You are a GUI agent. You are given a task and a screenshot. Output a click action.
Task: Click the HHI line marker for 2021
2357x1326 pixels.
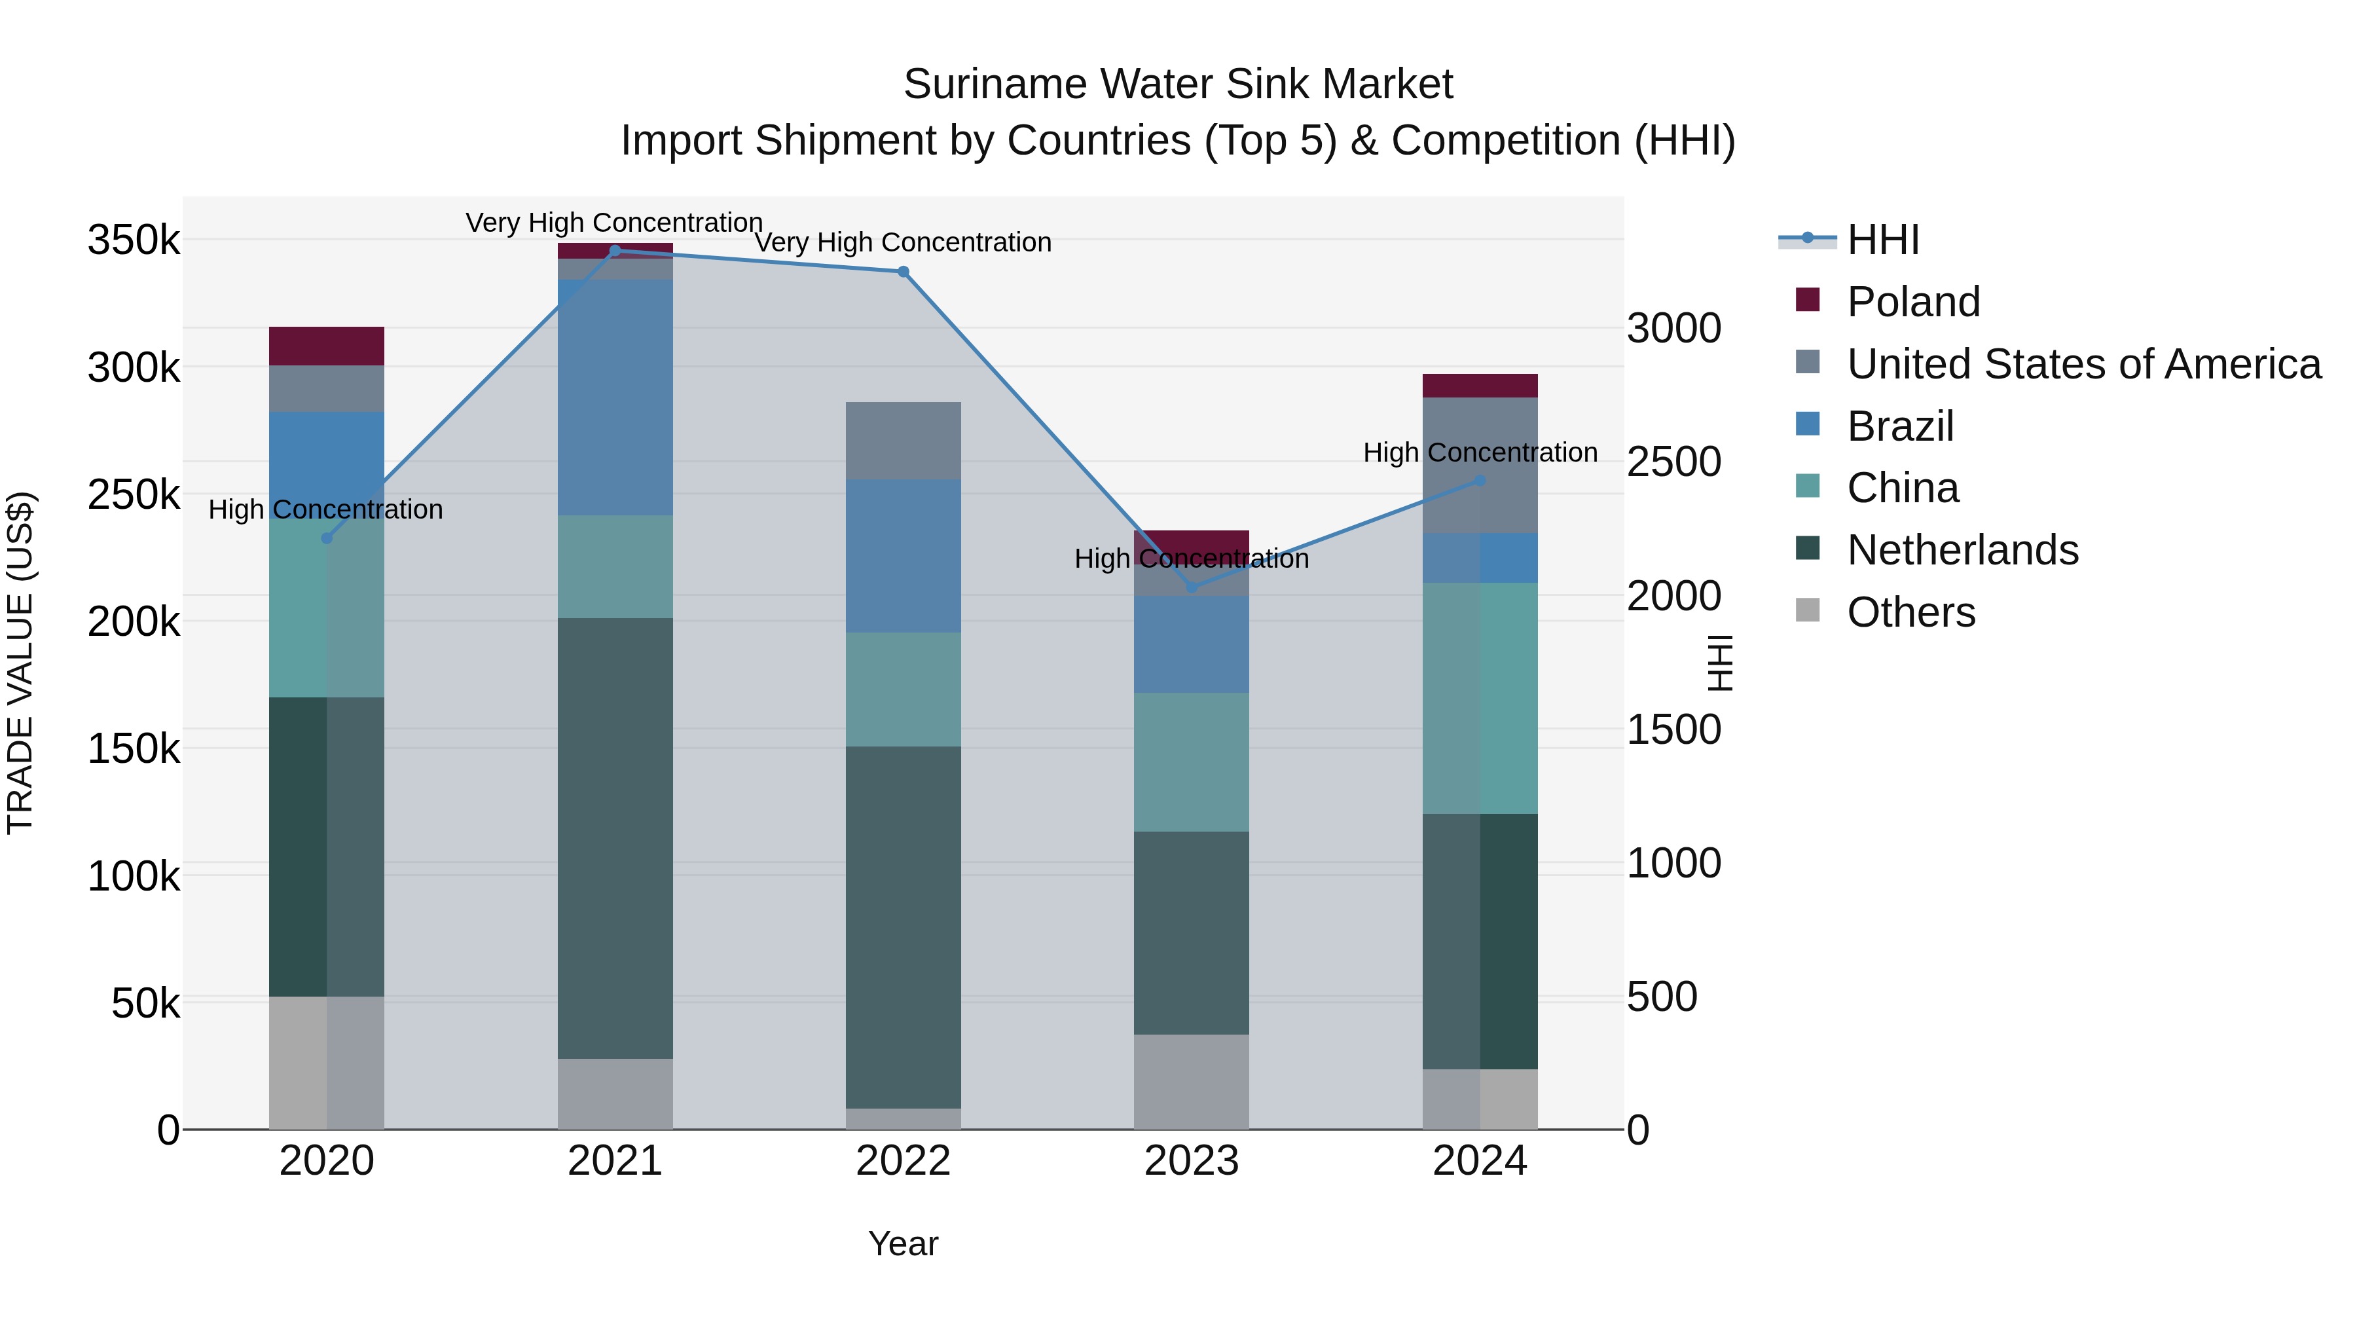615,251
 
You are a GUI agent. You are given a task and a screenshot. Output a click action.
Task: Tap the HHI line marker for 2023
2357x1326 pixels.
1192,587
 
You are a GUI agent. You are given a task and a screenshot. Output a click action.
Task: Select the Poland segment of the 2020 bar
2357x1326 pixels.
327,346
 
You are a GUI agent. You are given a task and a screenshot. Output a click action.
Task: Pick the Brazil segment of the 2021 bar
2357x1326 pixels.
615,397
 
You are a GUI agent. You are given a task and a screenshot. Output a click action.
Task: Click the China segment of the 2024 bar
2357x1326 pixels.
1480,697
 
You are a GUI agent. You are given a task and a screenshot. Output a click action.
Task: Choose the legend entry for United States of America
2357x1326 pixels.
2083,364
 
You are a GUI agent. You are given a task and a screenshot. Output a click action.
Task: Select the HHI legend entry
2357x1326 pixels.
1882,240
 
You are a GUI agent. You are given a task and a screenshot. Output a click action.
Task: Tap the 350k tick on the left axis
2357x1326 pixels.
134,241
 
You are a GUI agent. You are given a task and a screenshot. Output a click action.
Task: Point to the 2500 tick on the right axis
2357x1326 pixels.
1673,462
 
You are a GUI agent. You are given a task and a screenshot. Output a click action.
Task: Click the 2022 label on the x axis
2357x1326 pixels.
903,1161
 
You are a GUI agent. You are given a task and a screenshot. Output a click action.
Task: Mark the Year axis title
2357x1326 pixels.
903,1243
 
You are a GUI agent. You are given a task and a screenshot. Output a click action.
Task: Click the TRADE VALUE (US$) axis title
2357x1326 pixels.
20,663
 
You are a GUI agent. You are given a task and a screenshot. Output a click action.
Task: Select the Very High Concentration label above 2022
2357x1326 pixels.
903,242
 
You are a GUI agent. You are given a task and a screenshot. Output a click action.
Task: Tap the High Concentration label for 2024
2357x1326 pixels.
1480,452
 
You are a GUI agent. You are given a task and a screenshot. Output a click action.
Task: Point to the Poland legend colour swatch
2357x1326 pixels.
1807,300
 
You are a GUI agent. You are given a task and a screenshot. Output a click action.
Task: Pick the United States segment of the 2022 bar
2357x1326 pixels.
903,440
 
